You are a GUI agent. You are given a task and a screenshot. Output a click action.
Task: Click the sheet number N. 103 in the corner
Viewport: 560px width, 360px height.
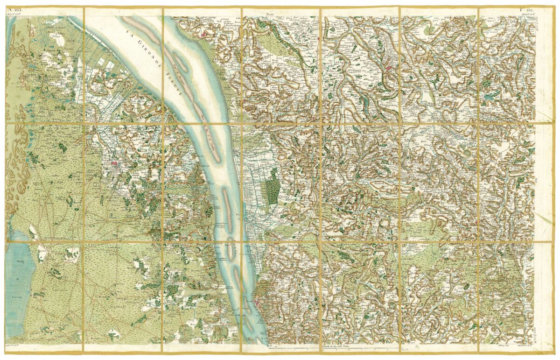click(15, 10)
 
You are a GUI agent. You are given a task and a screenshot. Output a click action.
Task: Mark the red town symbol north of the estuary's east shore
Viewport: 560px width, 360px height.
click(203, 34)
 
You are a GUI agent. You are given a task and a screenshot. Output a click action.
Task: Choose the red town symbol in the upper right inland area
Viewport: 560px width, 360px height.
click(389, 68)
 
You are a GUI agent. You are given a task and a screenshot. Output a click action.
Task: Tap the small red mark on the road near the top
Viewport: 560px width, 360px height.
click(319, 39)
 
